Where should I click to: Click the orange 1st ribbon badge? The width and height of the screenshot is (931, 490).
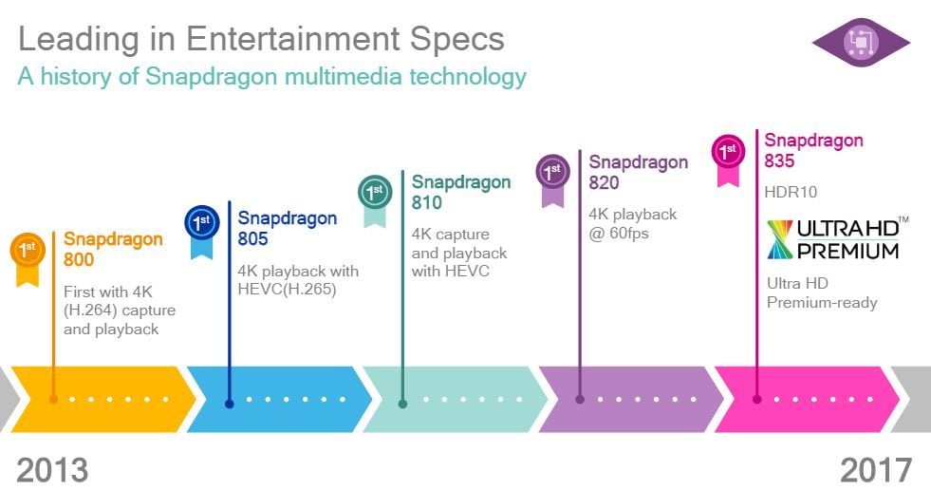[28, 256]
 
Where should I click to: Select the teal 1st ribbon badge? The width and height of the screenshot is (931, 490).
[375, 199]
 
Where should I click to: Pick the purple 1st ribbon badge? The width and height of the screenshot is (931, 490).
[552, 179]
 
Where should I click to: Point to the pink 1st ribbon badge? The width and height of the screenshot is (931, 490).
[728, 160]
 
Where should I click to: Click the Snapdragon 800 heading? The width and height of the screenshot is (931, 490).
[113, 249]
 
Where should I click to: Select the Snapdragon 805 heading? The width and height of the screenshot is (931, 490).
[288, 228]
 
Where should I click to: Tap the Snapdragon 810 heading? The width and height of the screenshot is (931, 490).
[461, 192]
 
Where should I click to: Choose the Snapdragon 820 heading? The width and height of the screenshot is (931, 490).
[639, 172]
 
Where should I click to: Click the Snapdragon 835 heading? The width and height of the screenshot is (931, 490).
[813, 150]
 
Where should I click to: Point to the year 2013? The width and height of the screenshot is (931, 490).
[52, 470]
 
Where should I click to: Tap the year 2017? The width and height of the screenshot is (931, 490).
[876, 470]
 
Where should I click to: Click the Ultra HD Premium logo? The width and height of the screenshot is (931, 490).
[837, 238]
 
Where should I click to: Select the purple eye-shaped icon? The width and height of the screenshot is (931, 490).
[861, 42]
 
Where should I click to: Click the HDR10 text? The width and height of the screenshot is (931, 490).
[791, 192]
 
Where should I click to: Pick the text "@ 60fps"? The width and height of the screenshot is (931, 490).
[619, 234]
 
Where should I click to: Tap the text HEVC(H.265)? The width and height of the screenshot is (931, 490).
[287, 290]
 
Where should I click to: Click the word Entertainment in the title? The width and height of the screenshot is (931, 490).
[292, 39]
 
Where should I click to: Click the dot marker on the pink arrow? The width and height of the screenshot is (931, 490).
[756, 399]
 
